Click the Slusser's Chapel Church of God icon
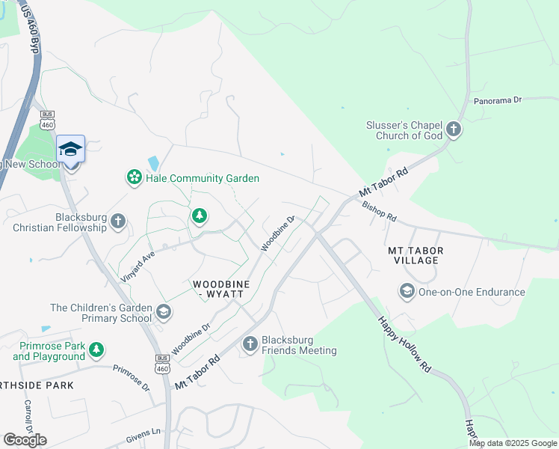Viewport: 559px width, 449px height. coord(453,130)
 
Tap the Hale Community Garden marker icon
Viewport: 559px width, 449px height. coord(134,177)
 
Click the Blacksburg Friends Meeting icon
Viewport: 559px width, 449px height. coord(250,344)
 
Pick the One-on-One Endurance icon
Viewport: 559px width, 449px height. coord(407,291)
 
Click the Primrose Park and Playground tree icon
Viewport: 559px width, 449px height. coord(96,349)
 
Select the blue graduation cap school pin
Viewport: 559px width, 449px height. coord(71,149)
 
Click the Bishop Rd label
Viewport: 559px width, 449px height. coord(379,210)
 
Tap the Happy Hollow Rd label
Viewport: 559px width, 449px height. coord(404,344)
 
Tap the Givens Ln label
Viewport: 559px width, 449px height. coord(145,432)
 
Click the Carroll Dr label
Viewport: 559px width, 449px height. coord(29,415)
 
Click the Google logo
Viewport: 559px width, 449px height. coord(25,439)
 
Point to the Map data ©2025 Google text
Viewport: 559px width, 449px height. coord(513,443)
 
